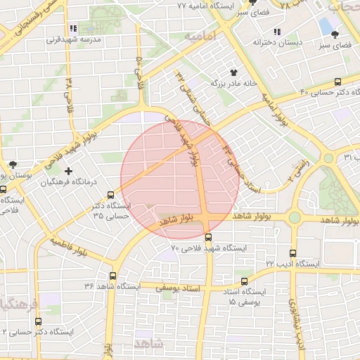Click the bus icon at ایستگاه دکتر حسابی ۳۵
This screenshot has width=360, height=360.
coord(110,195)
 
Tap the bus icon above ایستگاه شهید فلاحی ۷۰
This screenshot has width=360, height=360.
coord(208,237)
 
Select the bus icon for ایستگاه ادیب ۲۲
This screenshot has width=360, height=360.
coord(293,252)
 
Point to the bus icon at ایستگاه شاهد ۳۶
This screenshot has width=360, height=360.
coord(113,276)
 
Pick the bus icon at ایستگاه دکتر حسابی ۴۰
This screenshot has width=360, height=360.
coord(338,82)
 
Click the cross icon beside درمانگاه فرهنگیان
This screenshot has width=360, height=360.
coord(68,171)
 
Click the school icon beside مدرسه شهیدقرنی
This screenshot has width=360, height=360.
coord(73,30)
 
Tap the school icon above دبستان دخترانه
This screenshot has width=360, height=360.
coord(278,32)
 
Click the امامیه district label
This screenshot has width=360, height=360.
coord(195,35)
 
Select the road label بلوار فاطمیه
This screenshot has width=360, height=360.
coord(68,246)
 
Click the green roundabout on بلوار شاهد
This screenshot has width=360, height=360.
coord(295,218)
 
